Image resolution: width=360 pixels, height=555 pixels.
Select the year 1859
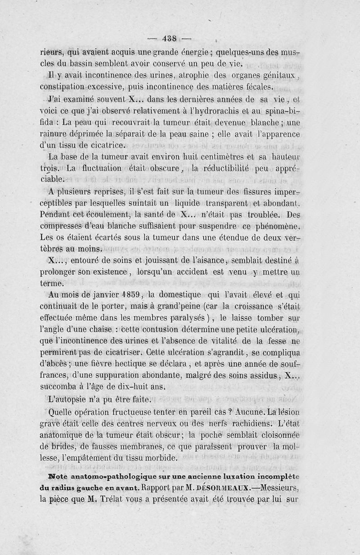point(130,295)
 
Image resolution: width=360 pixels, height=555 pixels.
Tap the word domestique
point(188,295)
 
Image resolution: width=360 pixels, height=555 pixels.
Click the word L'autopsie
point(69,398)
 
